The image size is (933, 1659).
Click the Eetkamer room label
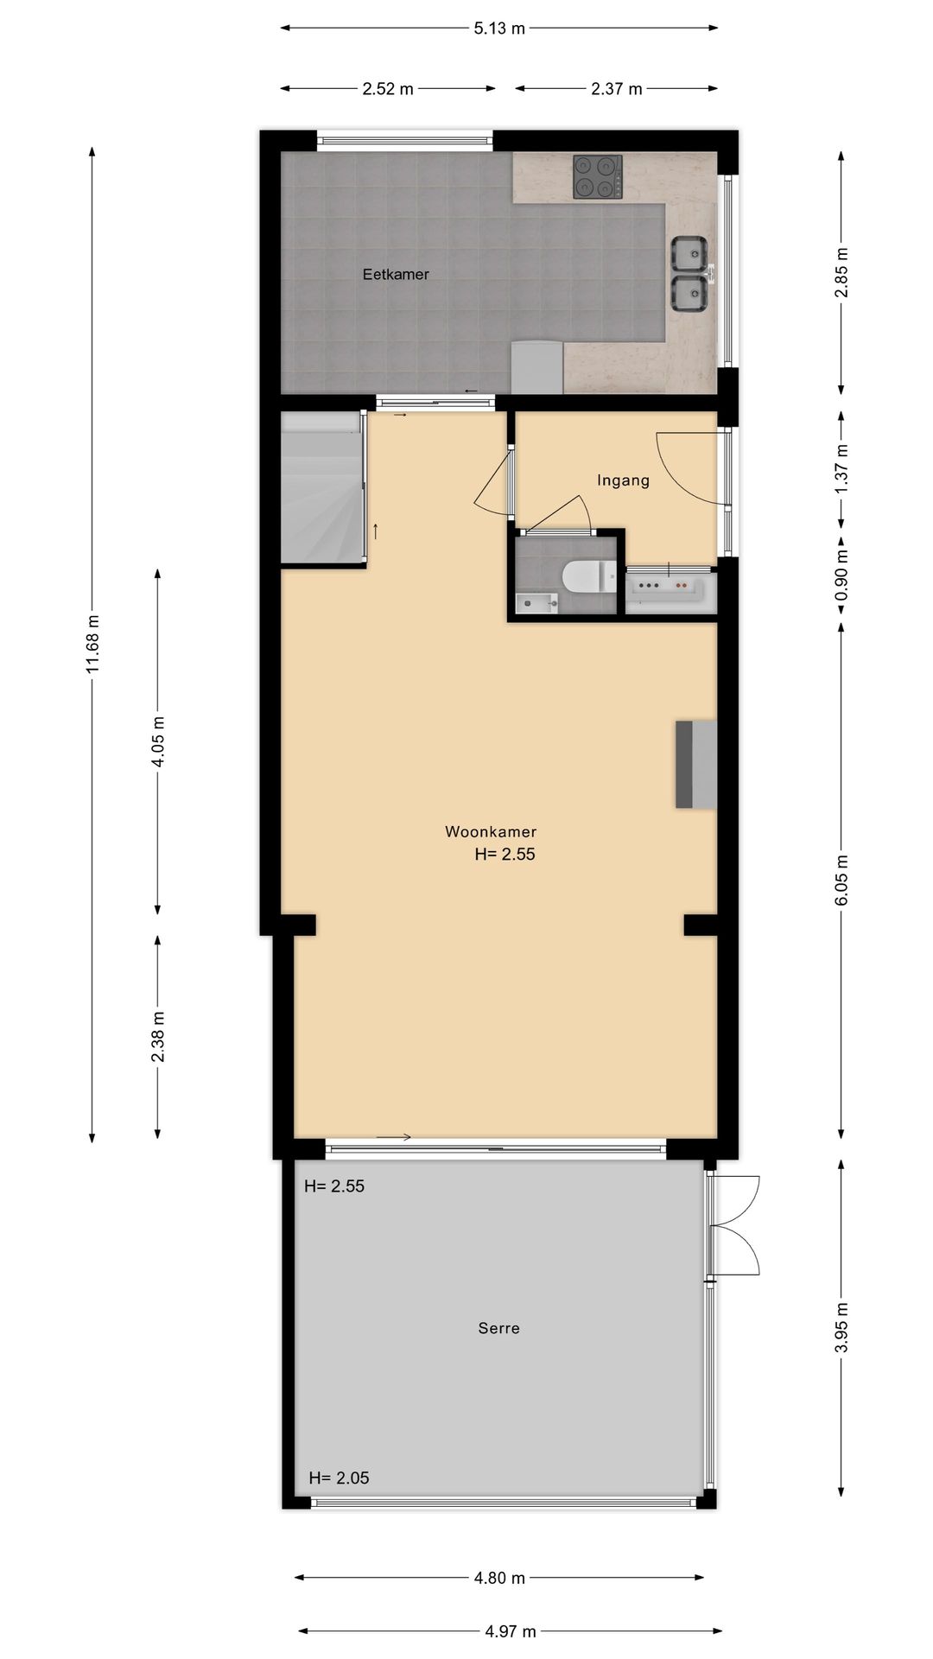(x=396, y=275)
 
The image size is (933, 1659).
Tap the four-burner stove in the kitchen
(x=597, y=177)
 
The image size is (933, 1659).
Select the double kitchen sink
(x=690, y=274)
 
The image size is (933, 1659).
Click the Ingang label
(x=623, y=480)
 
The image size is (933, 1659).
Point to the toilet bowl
(x=584, y=577)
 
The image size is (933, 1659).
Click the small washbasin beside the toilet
(x=536, y=602)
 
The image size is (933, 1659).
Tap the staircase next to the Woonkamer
(x=320, y=489)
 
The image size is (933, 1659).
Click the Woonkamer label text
(x=491, y=832)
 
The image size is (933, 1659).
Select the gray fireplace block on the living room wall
(x=696, y=764)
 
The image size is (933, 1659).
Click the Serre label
(x=498, y=1328)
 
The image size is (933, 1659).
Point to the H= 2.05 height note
(x=339, y=1478)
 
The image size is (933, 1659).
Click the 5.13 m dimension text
(x=499, y=29)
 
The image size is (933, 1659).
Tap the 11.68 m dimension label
(x=93, y=644)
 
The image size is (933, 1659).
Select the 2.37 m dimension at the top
(x=617, y=89)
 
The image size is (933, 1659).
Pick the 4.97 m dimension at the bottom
(x=510, y=1631)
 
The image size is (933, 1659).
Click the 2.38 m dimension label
(x=158, y=1036)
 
